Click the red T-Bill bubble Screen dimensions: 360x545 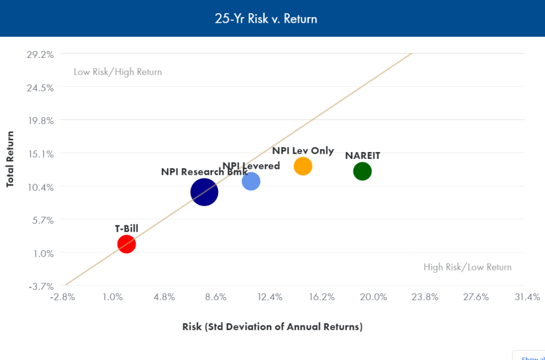(126, 244)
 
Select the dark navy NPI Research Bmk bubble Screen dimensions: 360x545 (204, 192)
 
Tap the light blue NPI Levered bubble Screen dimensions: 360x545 (251, 181)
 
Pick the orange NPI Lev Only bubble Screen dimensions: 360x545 (303, 166)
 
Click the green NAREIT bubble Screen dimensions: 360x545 (362, 171)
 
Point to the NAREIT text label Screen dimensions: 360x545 (362, 156)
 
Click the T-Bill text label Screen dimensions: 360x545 (127, 229)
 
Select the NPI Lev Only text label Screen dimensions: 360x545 (303, 150)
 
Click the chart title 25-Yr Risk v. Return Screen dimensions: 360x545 (272, 19)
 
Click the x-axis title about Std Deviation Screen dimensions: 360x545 (272, 326)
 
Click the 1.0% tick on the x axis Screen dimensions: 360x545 (113, 297)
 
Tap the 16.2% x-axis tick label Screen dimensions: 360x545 (321, 297)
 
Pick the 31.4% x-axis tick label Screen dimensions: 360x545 (527, 297)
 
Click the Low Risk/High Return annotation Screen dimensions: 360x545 (118, 72)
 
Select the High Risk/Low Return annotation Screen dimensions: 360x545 (467, 267)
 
